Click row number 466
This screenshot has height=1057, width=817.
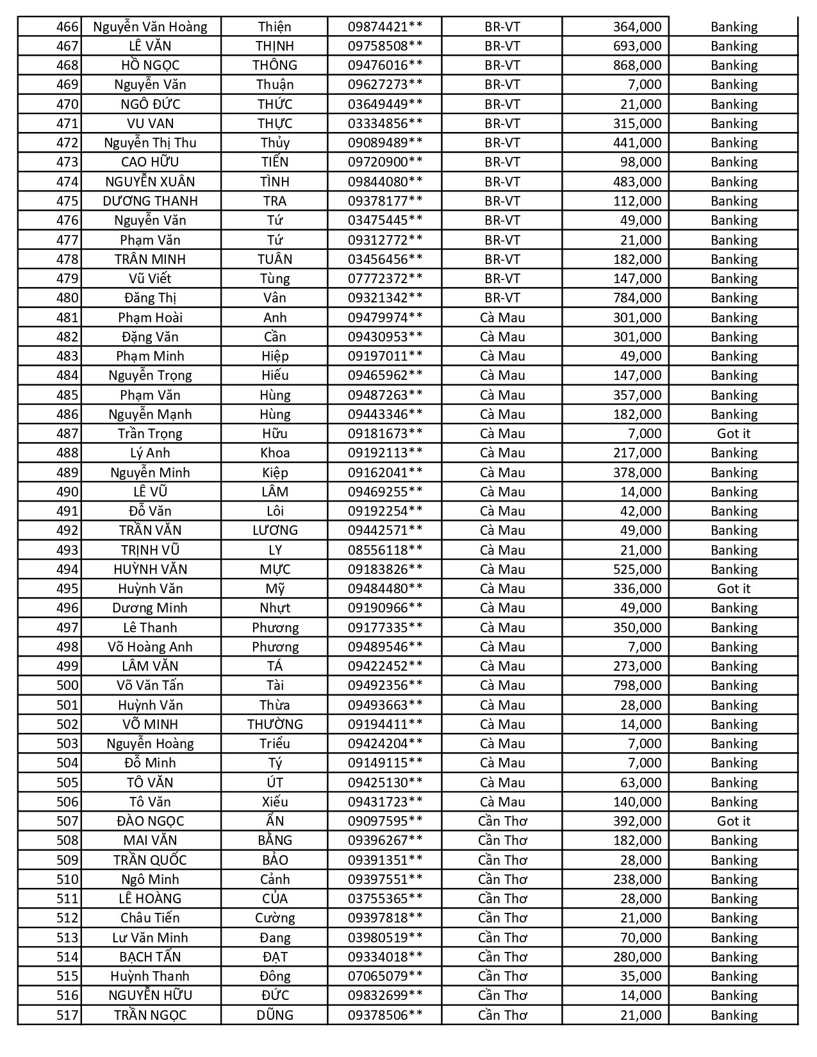(x=67, y=27)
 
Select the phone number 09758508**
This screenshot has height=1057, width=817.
(x=385, y=46)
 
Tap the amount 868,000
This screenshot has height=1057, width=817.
(x=637, y=65)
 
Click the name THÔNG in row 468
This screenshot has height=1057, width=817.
(x=274, y=65)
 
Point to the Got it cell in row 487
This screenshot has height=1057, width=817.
(x=734, y=434)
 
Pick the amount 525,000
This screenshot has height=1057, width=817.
(x=637, y=569)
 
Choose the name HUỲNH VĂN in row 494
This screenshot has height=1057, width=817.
(x=150, y=569)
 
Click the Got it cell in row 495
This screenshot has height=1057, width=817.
(x=734, y=589)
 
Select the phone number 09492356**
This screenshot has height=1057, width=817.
(x=385, y=685)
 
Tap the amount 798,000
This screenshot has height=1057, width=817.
(x=637, y=685)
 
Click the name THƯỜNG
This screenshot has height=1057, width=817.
(x=274, y=725)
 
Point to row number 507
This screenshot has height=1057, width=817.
(x=67, y=821)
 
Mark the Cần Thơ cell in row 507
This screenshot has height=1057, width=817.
(x=502, y=821)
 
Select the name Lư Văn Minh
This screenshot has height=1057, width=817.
(x=150, y=938)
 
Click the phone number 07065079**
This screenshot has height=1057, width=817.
(x=385, y=976)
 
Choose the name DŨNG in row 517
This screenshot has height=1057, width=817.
(x=274, y=1015)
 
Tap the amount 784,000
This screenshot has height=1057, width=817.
(x=637, y=298)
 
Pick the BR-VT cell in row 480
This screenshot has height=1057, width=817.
(x=502, y=298)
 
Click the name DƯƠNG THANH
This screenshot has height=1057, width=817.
(x=150, y=201)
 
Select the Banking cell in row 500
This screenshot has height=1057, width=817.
(x=734, y=685)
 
